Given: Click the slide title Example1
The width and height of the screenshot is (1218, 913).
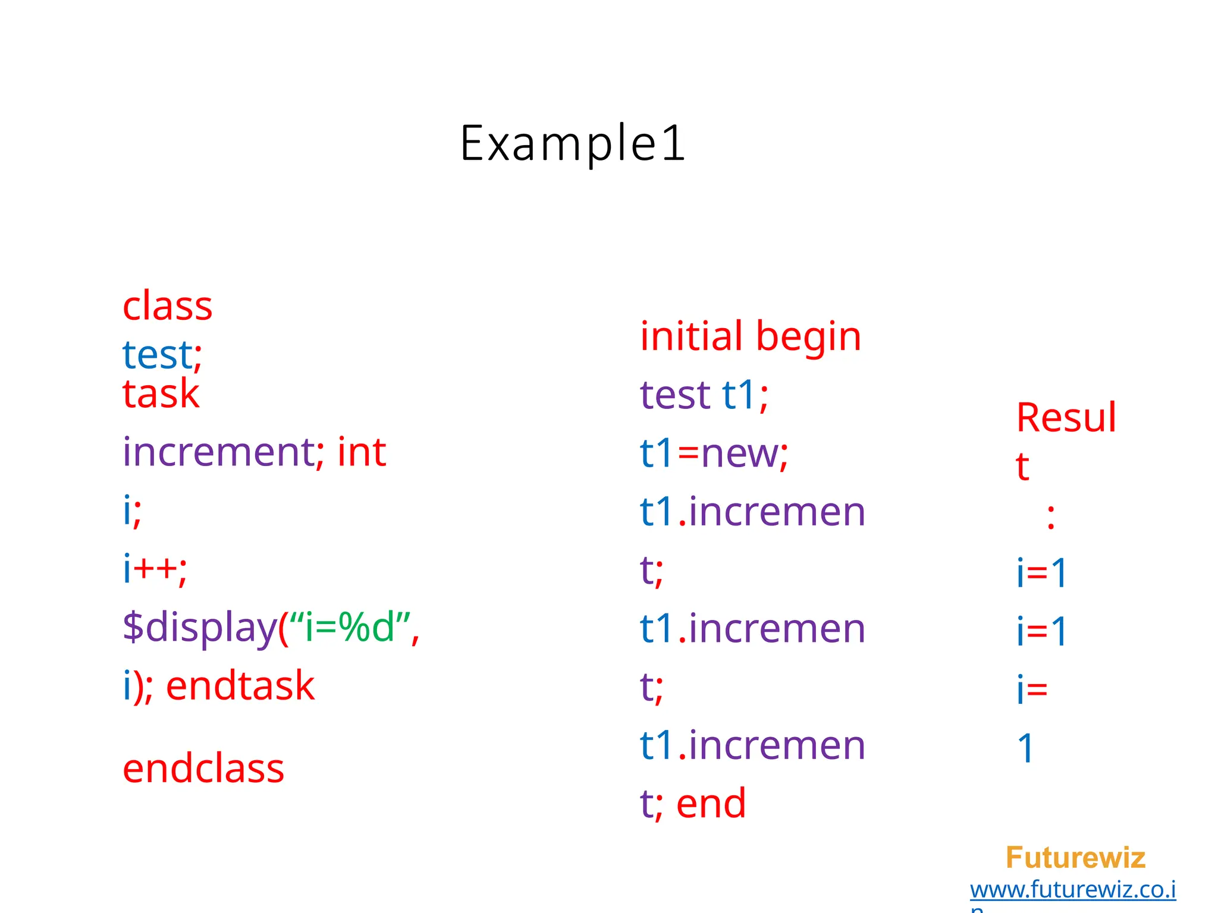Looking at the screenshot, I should click(x=573, y=143).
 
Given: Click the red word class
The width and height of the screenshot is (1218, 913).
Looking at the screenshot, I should click(x=167, y=307).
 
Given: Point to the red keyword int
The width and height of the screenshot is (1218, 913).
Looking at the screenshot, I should click(x=362, y=452).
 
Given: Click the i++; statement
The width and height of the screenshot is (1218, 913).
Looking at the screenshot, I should click(x=155, y=569).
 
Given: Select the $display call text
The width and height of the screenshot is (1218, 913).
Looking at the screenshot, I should click(x=200, y=627).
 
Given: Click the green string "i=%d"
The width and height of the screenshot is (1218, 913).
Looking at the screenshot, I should click(x=349, y=627).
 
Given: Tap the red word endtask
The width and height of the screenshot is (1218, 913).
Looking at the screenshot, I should click(x=240, y=686).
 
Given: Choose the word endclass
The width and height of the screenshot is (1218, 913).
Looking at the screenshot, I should click(x=203, y=769).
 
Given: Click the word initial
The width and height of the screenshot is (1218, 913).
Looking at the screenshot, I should click(x=691, y=336).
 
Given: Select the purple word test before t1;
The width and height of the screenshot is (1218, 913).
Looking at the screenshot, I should click(x=674, y=395).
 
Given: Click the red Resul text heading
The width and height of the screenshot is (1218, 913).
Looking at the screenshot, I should click(x=1066, y=418).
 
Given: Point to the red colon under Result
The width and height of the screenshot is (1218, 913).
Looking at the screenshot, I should click(x=1051, y=517).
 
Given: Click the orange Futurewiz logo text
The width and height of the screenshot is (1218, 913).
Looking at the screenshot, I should click(x=1075, y=858).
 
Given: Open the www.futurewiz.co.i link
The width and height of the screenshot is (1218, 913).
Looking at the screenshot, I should click(x=1072, y=890).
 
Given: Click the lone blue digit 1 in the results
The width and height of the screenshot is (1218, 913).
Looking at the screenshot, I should click(x=1026, y=748).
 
